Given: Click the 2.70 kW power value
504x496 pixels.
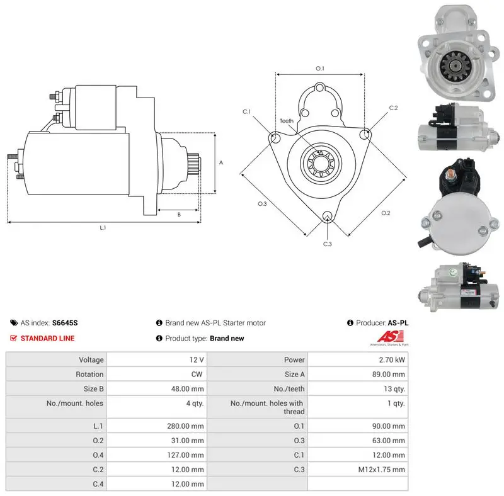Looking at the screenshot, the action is [391, 360].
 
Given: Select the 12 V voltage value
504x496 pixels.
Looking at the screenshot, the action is [197, 360].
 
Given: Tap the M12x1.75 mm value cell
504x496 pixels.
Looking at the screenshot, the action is [382, 470].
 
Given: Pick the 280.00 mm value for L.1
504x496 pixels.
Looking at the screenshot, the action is [185, 426].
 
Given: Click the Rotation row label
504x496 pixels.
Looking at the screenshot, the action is [89, 375].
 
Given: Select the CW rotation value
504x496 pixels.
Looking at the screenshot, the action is [197, 375].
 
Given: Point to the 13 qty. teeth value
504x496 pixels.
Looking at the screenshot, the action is [394, 389].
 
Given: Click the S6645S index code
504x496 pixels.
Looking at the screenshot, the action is [65, 323].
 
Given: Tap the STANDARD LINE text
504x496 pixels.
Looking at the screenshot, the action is [48, 338].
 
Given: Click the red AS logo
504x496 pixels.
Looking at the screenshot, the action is [390, 337].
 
